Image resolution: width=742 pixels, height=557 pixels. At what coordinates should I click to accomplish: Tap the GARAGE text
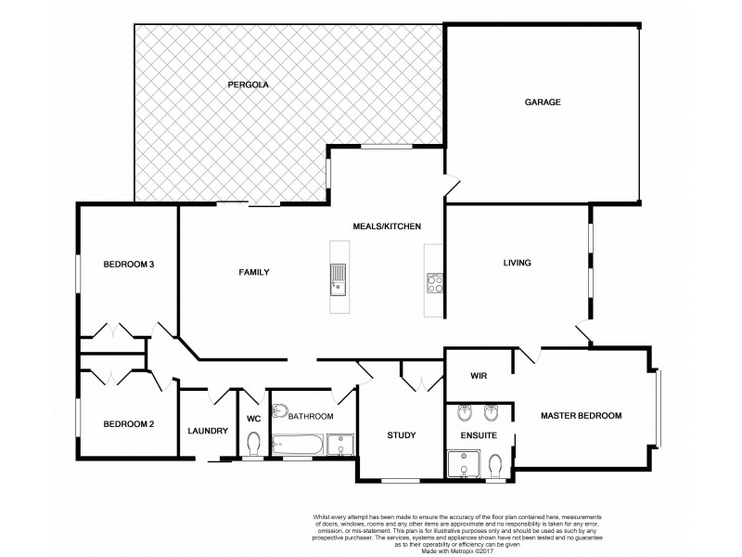543,102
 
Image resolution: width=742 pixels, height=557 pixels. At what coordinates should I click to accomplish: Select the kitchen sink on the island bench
339,278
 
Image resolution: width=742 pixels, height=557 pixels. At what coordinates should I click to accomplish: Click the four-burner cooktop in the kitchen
433,282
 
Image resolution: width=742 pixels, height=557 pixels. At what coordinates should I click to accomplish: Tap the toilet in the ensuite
495,462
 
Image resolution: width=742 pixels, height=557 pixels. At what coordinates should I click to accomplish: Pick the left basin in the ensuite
464,412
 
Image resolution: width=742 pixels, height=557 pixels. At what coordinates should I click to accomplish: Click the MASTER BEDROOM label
581,415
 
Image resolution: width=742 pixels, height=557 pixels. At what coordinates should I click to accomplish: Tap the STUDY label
402,434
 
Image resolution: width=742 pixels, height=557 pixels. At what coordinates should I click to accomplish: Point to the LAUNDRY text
208,430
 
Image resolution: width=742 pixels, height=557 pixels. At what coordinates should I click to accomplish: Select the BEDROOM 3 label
129,265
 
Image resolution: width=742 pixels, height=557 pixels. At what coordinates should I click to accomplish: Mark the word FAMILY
254,272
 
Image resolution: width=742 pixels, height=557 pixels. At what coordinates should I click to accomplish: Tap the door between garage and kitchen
452,186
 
